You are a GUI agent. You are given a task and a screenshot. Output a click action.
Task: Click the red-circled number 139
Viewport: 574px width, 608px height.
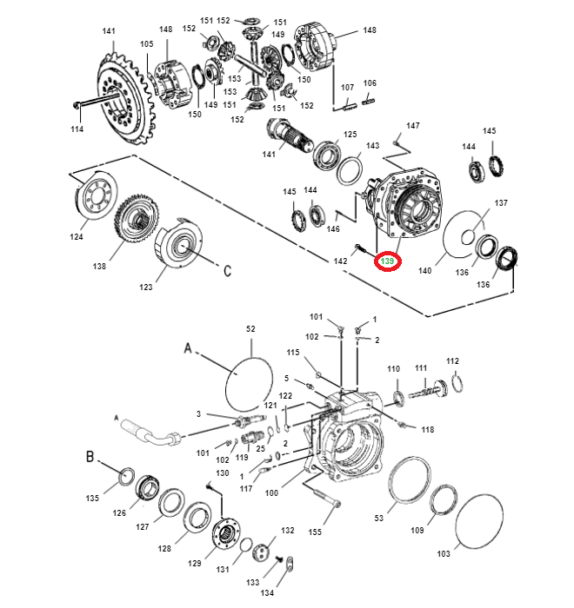coord(387,261)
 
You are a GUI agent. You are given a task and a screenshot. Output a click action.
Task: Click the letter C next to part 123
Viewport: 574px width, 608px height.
coord(227,271)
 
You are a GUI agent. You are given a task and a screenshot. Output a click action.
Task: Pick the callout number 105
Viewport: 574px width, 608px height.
coord(146,44)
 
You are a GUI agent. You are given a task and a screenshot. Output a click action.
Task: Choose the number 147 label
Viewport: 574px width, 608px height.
coord(413,126)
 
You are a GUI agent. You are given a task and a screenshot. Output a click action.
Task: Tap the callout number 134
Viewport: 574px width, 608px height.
coord(267,592)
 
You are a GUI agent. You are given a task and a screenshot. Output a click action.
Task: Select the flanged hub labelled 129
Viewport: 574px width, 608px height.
coord(229,532)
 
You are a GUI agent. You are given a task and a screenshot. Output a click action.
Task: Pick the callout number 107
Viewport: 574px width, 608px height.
coord(347,87)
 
